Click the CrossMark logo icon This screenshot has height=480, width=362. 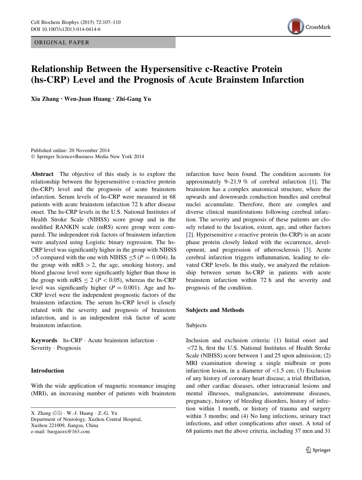pos(295,27)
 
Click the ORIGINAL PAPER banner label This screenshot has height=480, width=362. pos(62,43)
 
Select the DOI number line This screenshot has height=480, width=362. pos(66,29)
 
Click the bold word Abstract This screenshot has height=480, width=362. pos(42,174)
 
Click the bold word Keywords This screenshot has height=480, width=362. pos(44,340)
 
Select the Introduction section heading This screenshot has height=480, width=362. pos(47,371)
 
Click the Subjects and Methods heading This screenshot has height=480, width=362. pos(215,310)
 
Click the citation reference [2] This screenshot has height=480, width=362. pos(189,235)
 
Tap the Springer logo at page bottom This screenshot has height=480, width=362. pos(318,450)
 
